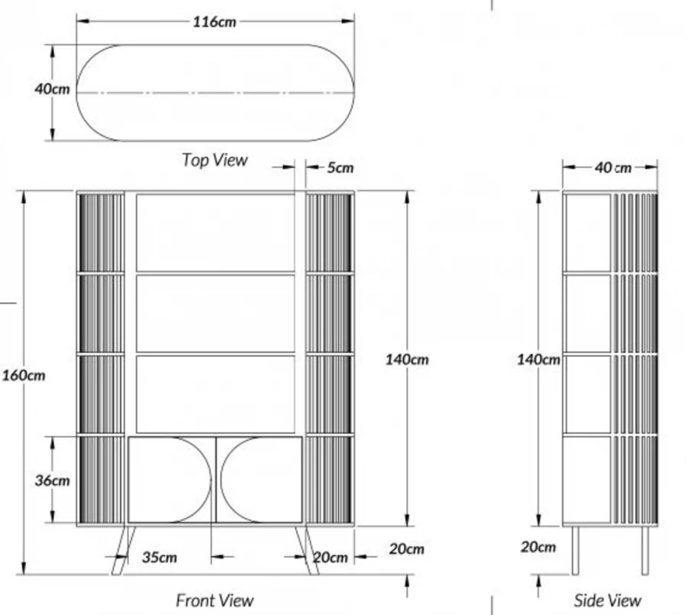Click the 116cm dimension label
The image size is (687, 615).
[214, 21]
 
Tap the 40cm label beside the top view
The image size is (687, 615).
[52, 89]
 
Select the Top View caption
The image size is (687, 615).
[214, 160]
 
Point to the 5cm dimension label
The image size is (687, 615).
[340, 167]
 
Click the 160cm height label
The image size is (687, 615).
[24, 375]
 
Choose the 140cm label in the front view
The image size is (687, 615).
[407, 360]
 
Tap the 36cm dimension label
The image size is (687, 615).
[52, 481]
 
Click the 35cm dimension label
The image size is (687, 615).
[160, 558]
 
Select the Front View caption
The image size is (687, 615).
[214, 600]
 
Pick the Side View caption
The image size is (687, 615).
[608, 600]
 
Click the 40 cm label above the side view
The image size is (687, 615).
[613, 167]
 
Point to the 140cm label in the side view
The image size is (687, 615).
[538, 360]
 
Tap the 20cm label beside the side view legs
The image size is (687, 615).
[538, 547]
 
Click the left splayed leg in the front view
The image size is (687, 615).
[124, 551]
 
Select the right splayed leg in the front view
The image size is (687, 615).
[307, 551]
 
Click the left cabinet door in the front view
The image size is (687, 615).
[170, 480]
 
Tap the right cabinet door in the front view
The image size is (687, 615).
[260, 480]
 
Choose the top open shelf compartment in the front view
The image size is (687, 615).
[215, 233]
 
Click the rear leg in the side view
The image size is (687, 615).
[645, 551]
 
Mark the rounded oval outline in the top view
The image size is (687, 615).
[215, 92]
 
